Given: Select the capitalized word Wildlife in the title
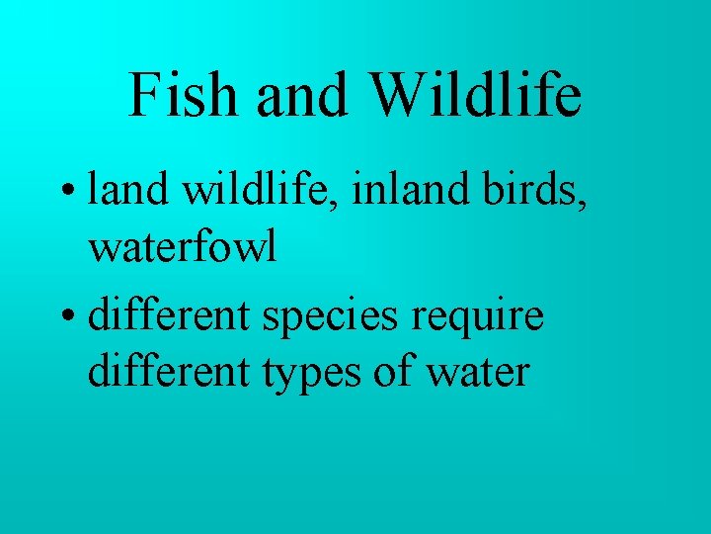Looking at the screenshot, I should point(476,95).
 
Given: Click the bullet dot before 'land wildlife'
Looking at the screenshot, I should point(71,190).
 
